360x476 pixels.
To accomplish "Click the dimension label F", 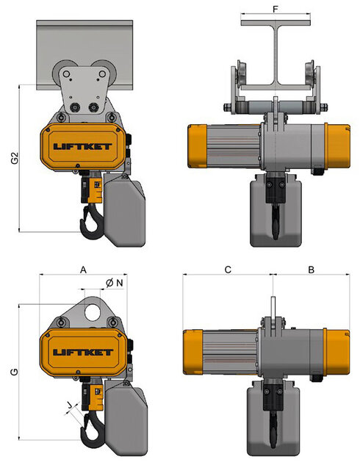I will (276, 10).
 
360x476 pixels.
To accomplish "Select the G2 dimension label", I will (14, 158).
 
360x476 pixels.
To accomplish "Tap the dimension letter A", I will (83, 270).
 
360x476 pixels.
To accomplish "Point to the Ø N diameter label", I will (115, 282).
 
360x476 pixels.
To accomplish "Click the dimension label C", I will (228, 270).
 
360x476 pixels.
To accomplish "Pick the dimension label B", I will (311, 270).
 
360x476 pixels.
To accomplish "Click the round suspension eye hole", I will (93, 309).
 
